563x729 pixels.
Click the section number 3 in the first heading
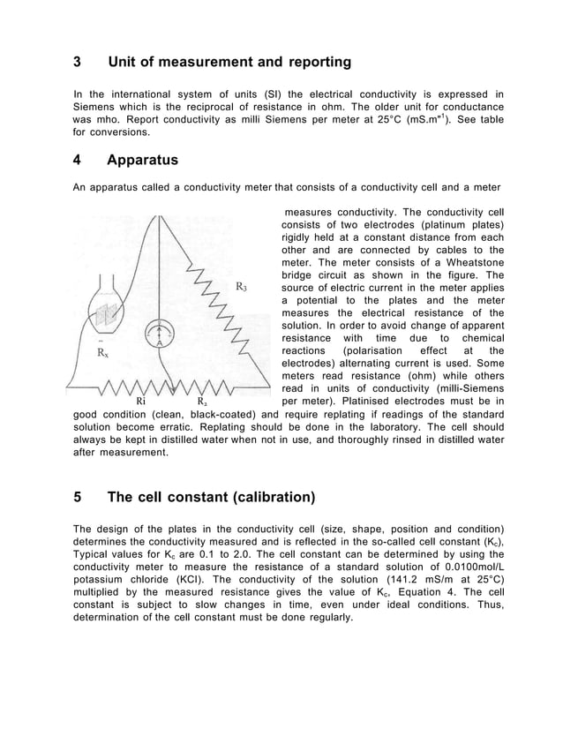coord(77,63)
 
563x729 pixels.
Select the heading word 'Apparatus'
coord(142,161)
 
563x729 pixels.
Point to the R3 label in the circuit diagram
coord(241,287)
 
